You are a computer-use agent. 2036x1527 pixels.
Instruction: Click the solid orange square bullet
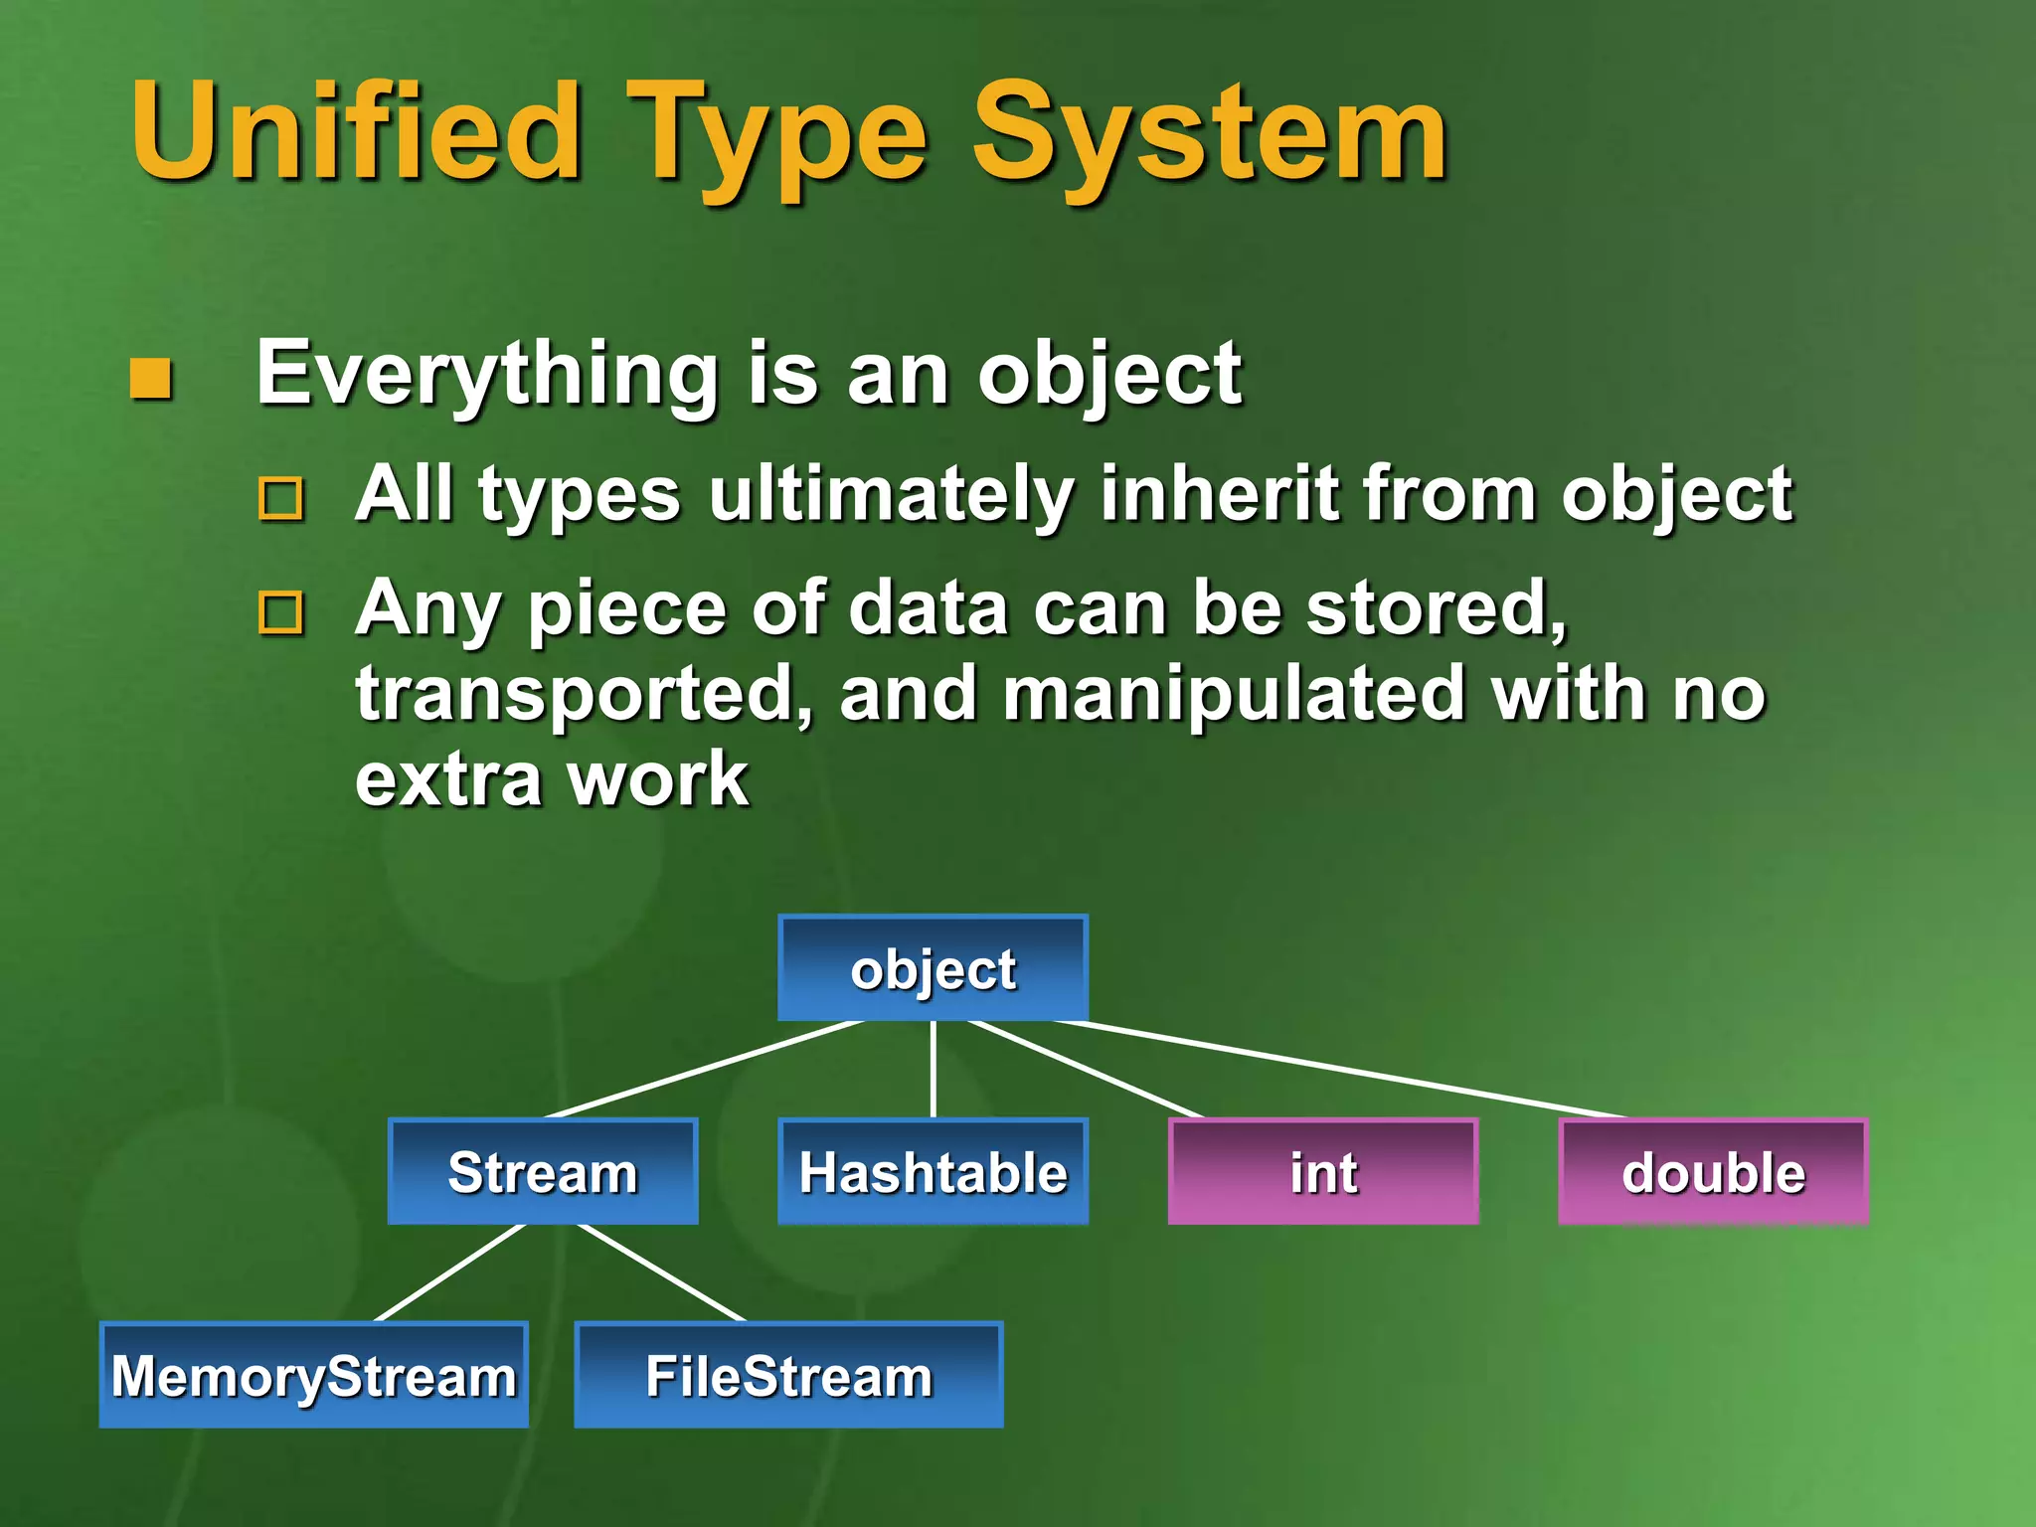151,378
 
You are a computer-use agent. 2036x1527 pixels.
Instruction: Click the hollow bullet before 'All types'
280,498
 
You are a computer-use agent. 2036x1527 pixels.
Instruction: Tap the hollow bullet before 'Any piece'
280,612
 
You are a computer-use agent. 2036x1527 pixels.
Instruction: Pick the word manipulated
1233,694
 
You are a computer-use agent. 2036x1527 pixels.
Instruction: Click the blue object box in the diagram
933,968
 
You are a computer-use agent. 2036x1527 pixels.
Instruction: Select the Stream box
543,1172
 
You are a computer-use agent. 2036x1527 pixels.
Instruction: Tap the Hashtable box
933,1172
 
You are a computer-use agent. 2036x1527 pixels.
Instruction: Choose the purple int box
1323,1172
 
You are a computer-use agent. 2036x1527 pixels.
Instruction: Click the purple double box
1713,1172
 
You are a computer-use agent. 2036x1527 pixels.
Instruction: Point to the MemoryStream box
313,1376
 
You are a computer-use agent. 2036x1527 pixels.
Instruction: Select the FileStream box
788,1376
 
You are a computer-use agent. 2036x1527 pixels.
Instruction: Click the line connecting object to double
1342,1070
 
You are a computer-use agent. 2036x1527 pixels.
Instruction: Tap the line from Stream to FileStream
661,1272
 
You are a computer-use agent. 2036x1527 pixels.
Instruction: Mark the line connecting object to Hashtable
933,1070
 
